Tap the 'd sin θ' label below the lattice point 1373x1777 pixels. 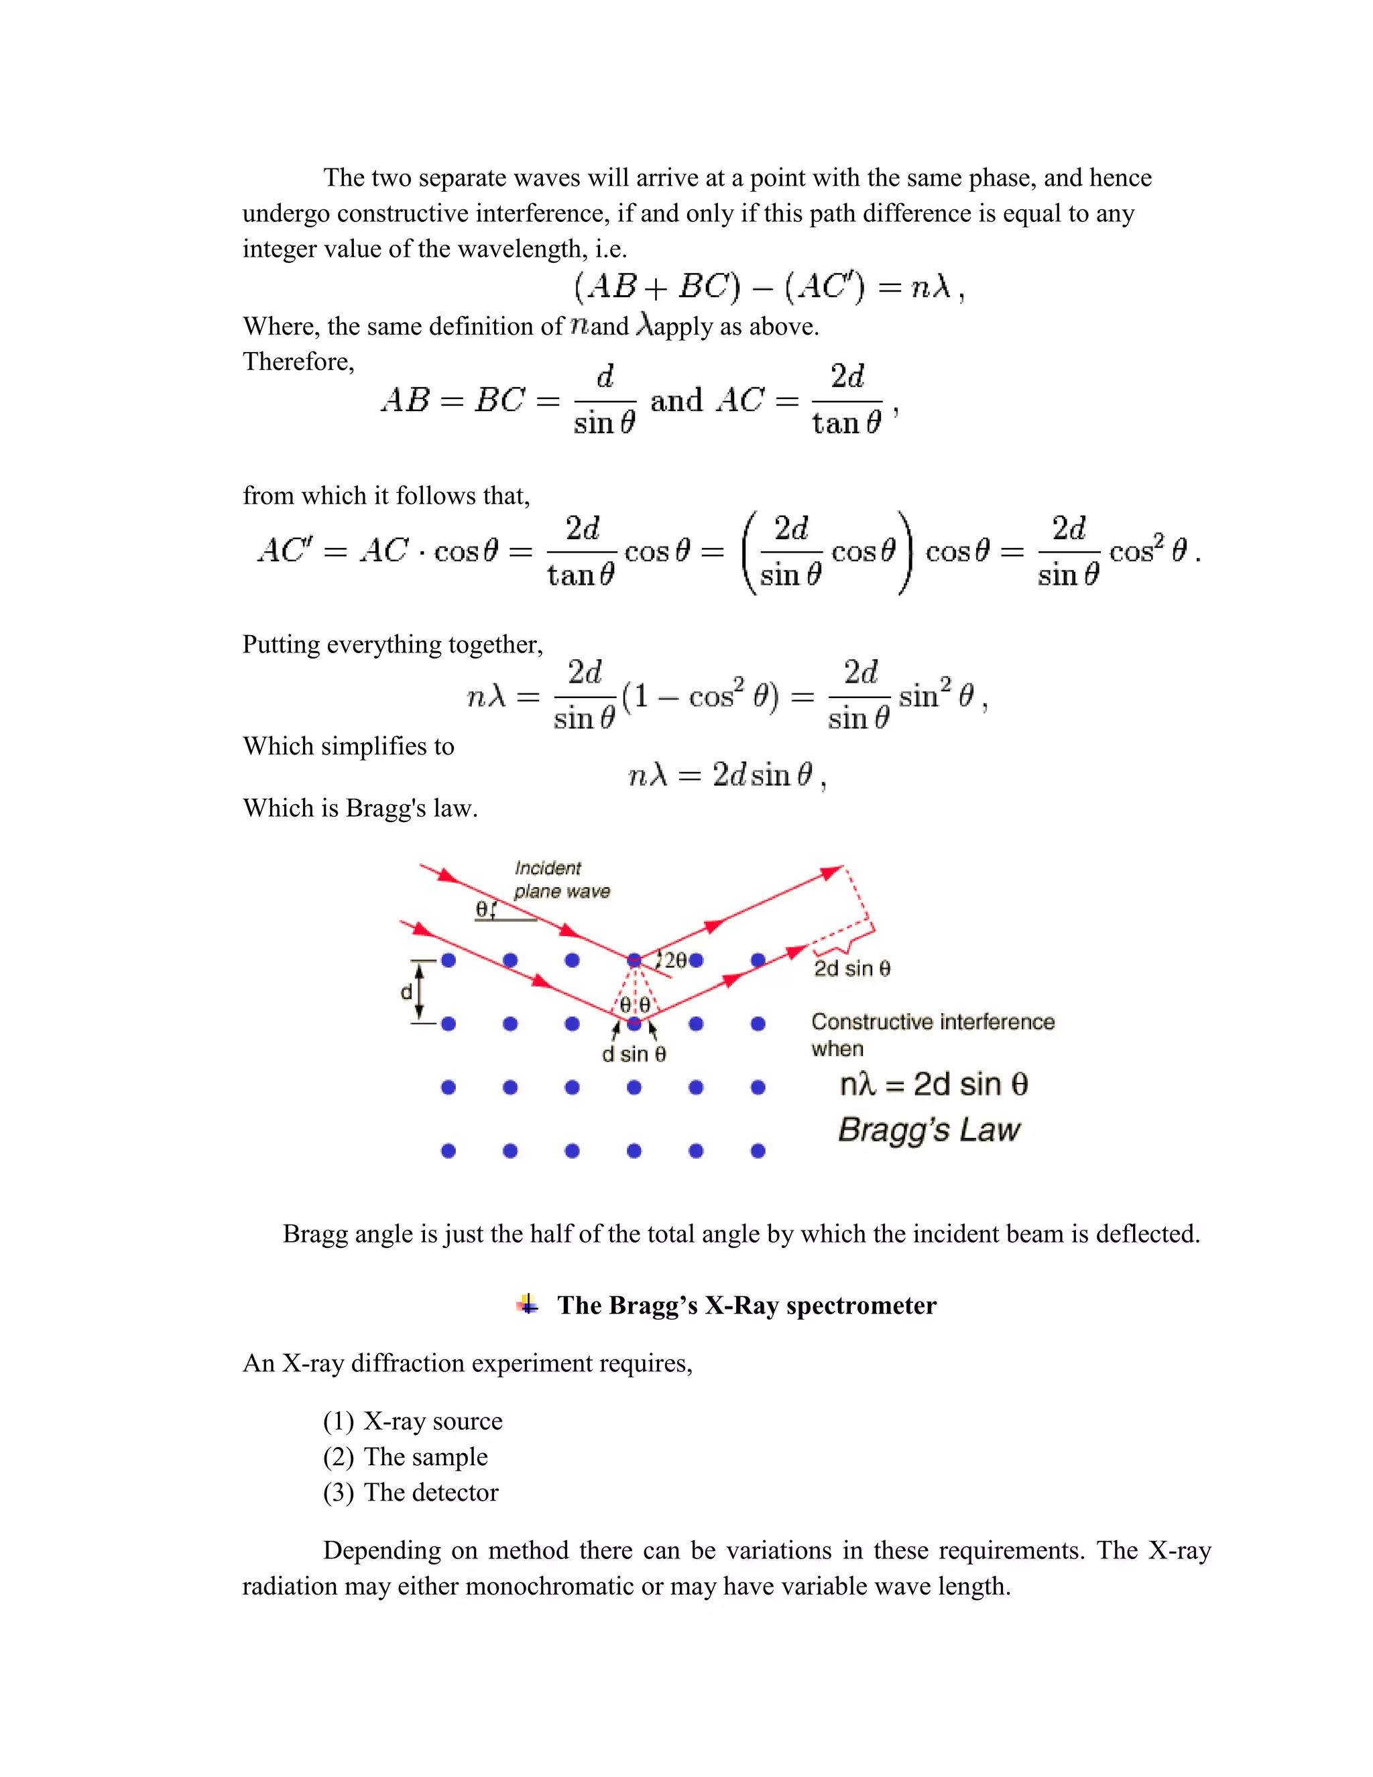tap(634, 1055)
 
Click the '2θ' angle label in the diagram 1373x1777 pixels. tap(674, 960)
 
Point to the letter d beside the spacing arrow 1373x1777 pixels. tap(406, 992)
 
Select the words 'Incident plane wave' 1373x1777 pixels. tap(560, 880)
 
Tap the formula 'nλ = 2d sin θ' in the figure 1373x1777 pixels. tap(933, 1084)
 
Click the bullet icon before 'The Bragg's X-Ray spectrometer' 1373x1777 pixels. tap(528, 1304)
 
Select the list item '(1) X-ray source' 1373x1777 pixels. tap(412, 1421)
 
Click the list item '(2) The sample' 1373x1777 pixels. tap(405, 1456)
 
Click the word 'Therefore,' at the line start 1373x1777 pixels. tap(298, 361)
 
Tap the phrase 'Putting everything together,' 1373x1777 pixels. tap(392, 644)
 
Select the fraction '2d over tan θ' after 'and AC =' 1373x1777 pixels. tap(847, 400)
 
